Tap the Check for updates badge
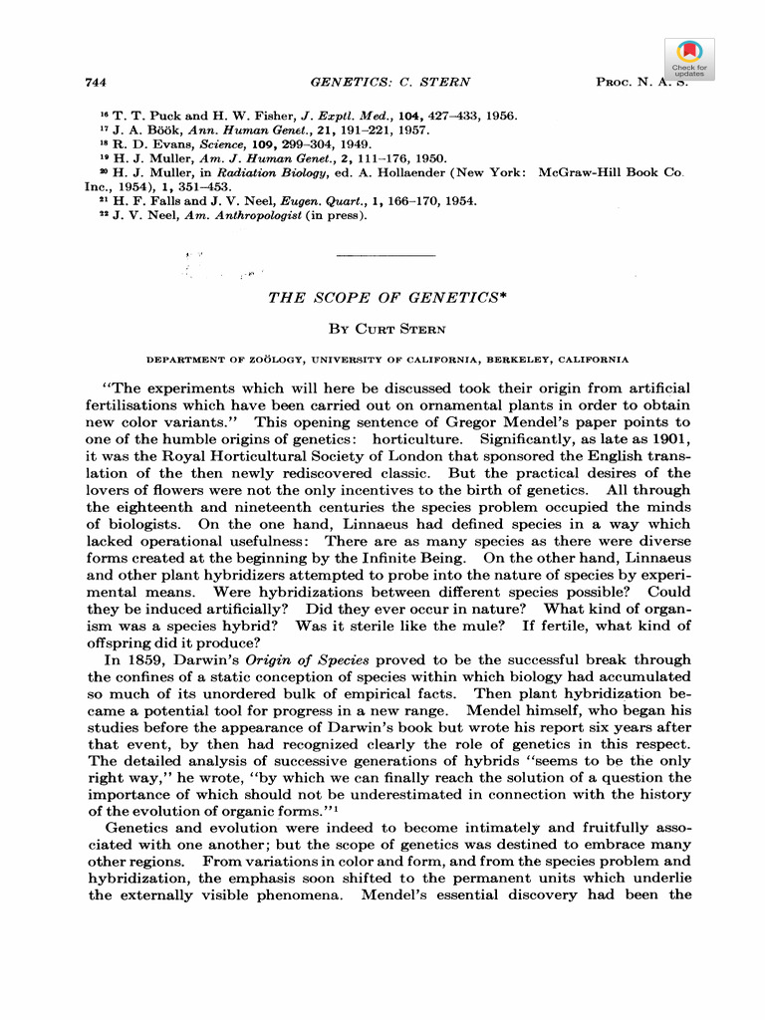pyautogui.click(x=689, y=59)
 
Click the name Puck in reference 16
pyautogui.click(x=159, y=116)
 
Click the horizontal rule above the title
pyautogui.click(x=386, y=257)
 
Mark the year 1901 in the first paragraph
pyautogui.click(x=671, y=439)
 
